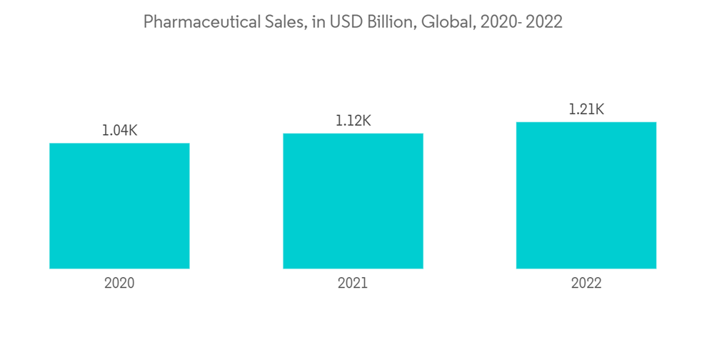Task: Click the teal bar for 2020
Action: (119, 206)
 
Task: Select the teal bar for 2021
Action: (353, 201)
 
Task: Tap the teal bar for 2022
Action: (586, 195)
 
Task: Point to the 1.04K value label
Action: (119, 131)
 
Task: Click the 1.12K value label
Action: (353, 121)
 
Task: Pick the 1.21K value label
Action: (586, 109)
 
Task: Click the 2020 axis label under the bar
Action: (119, 283)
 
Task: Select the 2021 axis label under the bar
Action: (353, 283)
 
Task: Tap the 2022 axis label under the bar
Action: (586, 283)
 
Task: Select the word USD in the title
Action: (346, 22)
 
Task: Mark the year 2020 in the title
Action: (497, 22)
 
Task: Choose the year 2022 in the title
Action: (543, 22)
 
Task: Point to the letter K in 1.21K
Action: (598, 109)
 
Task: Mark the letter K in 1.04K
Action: (131, 131)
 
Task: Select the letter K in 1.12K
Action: (365, 121)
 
